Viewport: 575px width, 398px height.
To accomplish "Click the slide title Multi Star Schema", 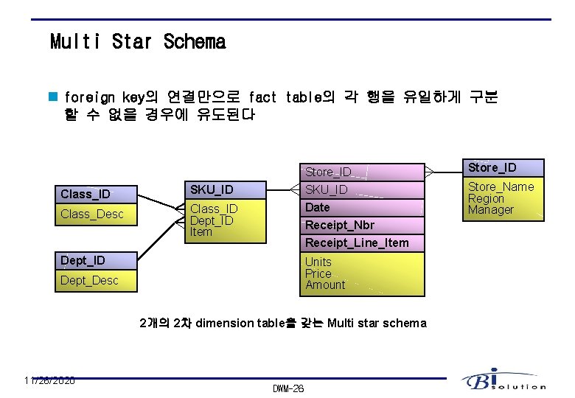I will click(138, 42).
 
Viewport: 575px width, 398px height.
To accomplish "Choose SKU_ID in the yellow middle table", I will click(212, 189).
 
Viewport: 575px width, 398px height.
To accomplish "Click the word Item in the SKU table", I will click(201, 232).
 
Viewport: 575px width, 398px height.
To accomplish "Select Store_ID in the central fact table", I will click(328, 172).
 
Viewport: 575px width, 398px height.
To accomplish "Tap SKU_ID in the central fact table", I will click(327, 190).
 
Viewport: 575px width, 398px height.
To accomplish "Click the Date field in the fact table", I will click(318, 208).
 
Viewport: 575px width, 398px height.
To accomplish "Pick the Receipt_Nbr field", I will click(340, 225).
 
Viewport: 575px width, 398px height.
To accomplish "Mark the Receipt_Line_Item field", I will click(357, 242).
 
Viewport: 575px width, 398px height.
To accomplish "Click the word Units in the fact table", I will click(318, 262).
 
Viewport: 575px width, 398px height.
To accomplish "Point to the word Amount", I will click(325, 285).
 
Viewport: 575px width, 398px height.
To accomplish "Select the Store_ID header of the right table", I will click(492, 168).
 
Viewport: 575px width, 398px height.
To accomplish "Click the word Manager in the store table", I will click(491, 210).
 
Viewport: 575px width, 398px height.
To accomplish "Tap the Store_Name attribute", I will click(501, 187).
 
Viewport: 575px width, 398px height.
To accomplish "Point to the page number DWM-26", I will click(288, 388).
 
